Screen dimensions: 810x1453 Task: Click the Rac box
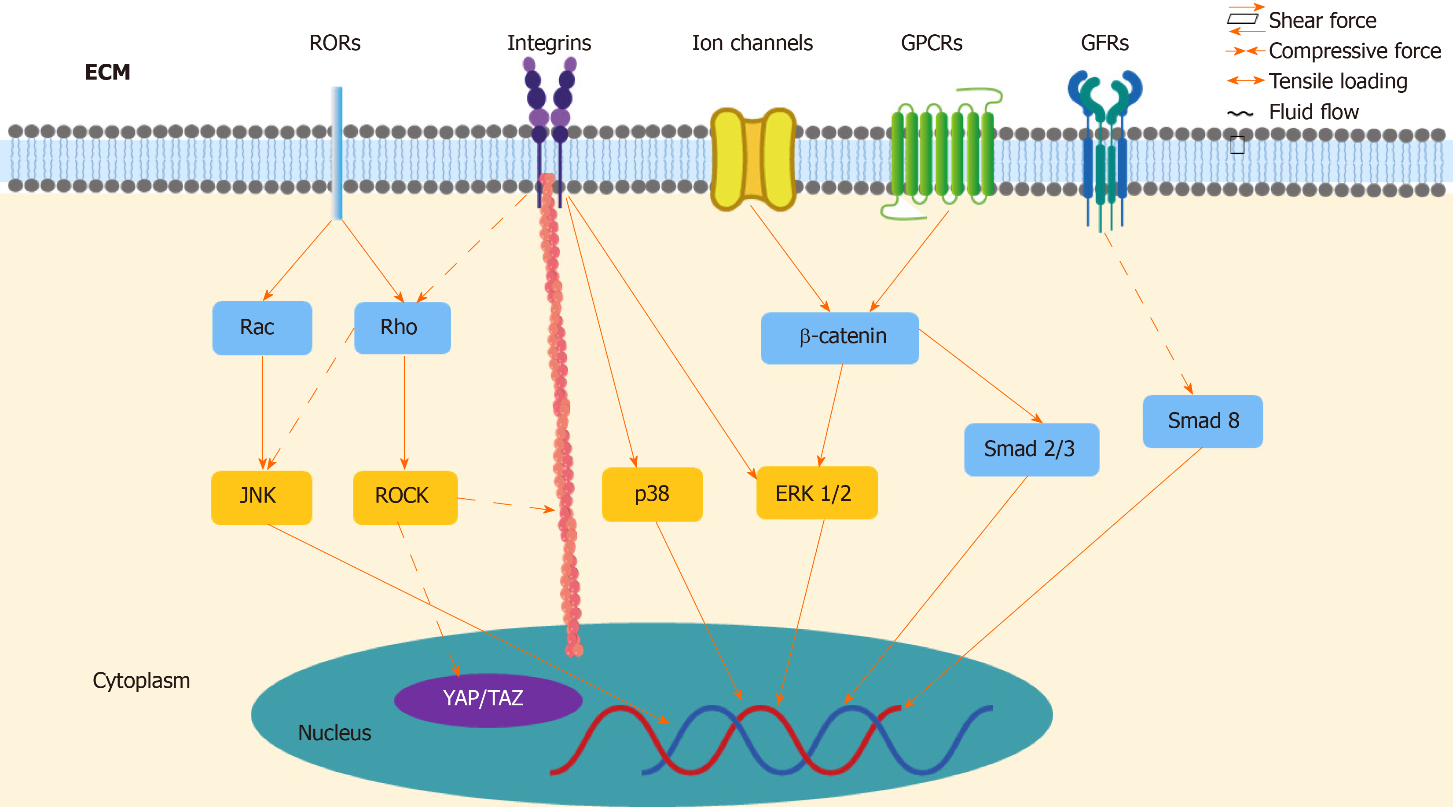[262, 328]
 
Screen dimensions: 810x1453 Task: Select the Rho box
[402, 328]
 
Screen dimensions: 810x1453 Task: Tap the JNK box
[261, 496]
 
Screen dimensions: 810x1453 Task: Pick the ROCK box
[404, 496]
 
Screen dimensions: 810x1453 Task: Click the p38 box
[652, 494]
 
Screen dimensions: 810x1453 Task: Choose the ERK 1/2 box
[816, 493]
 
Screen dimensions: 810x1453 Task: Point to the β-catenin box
[839, 338]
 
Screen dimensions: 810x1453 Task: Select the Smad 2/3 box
[1031, 449]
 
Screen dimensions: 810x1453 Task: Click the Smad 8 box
[1202, 421]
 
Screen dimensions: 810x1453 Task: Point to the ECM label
[107, 72]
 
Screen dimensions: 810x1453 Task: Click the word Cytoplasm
[141, 680]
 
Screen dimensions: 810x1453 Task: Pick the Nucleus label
[334, 733]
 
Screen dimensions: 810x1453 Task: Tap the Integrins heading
[549, 43]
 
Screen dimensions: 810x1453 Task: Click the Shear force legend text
[1322, 21]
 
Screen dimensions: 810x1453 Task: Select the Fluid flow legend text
[1314, 112]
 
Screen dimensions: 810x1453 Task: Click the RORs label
[334, 43]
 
